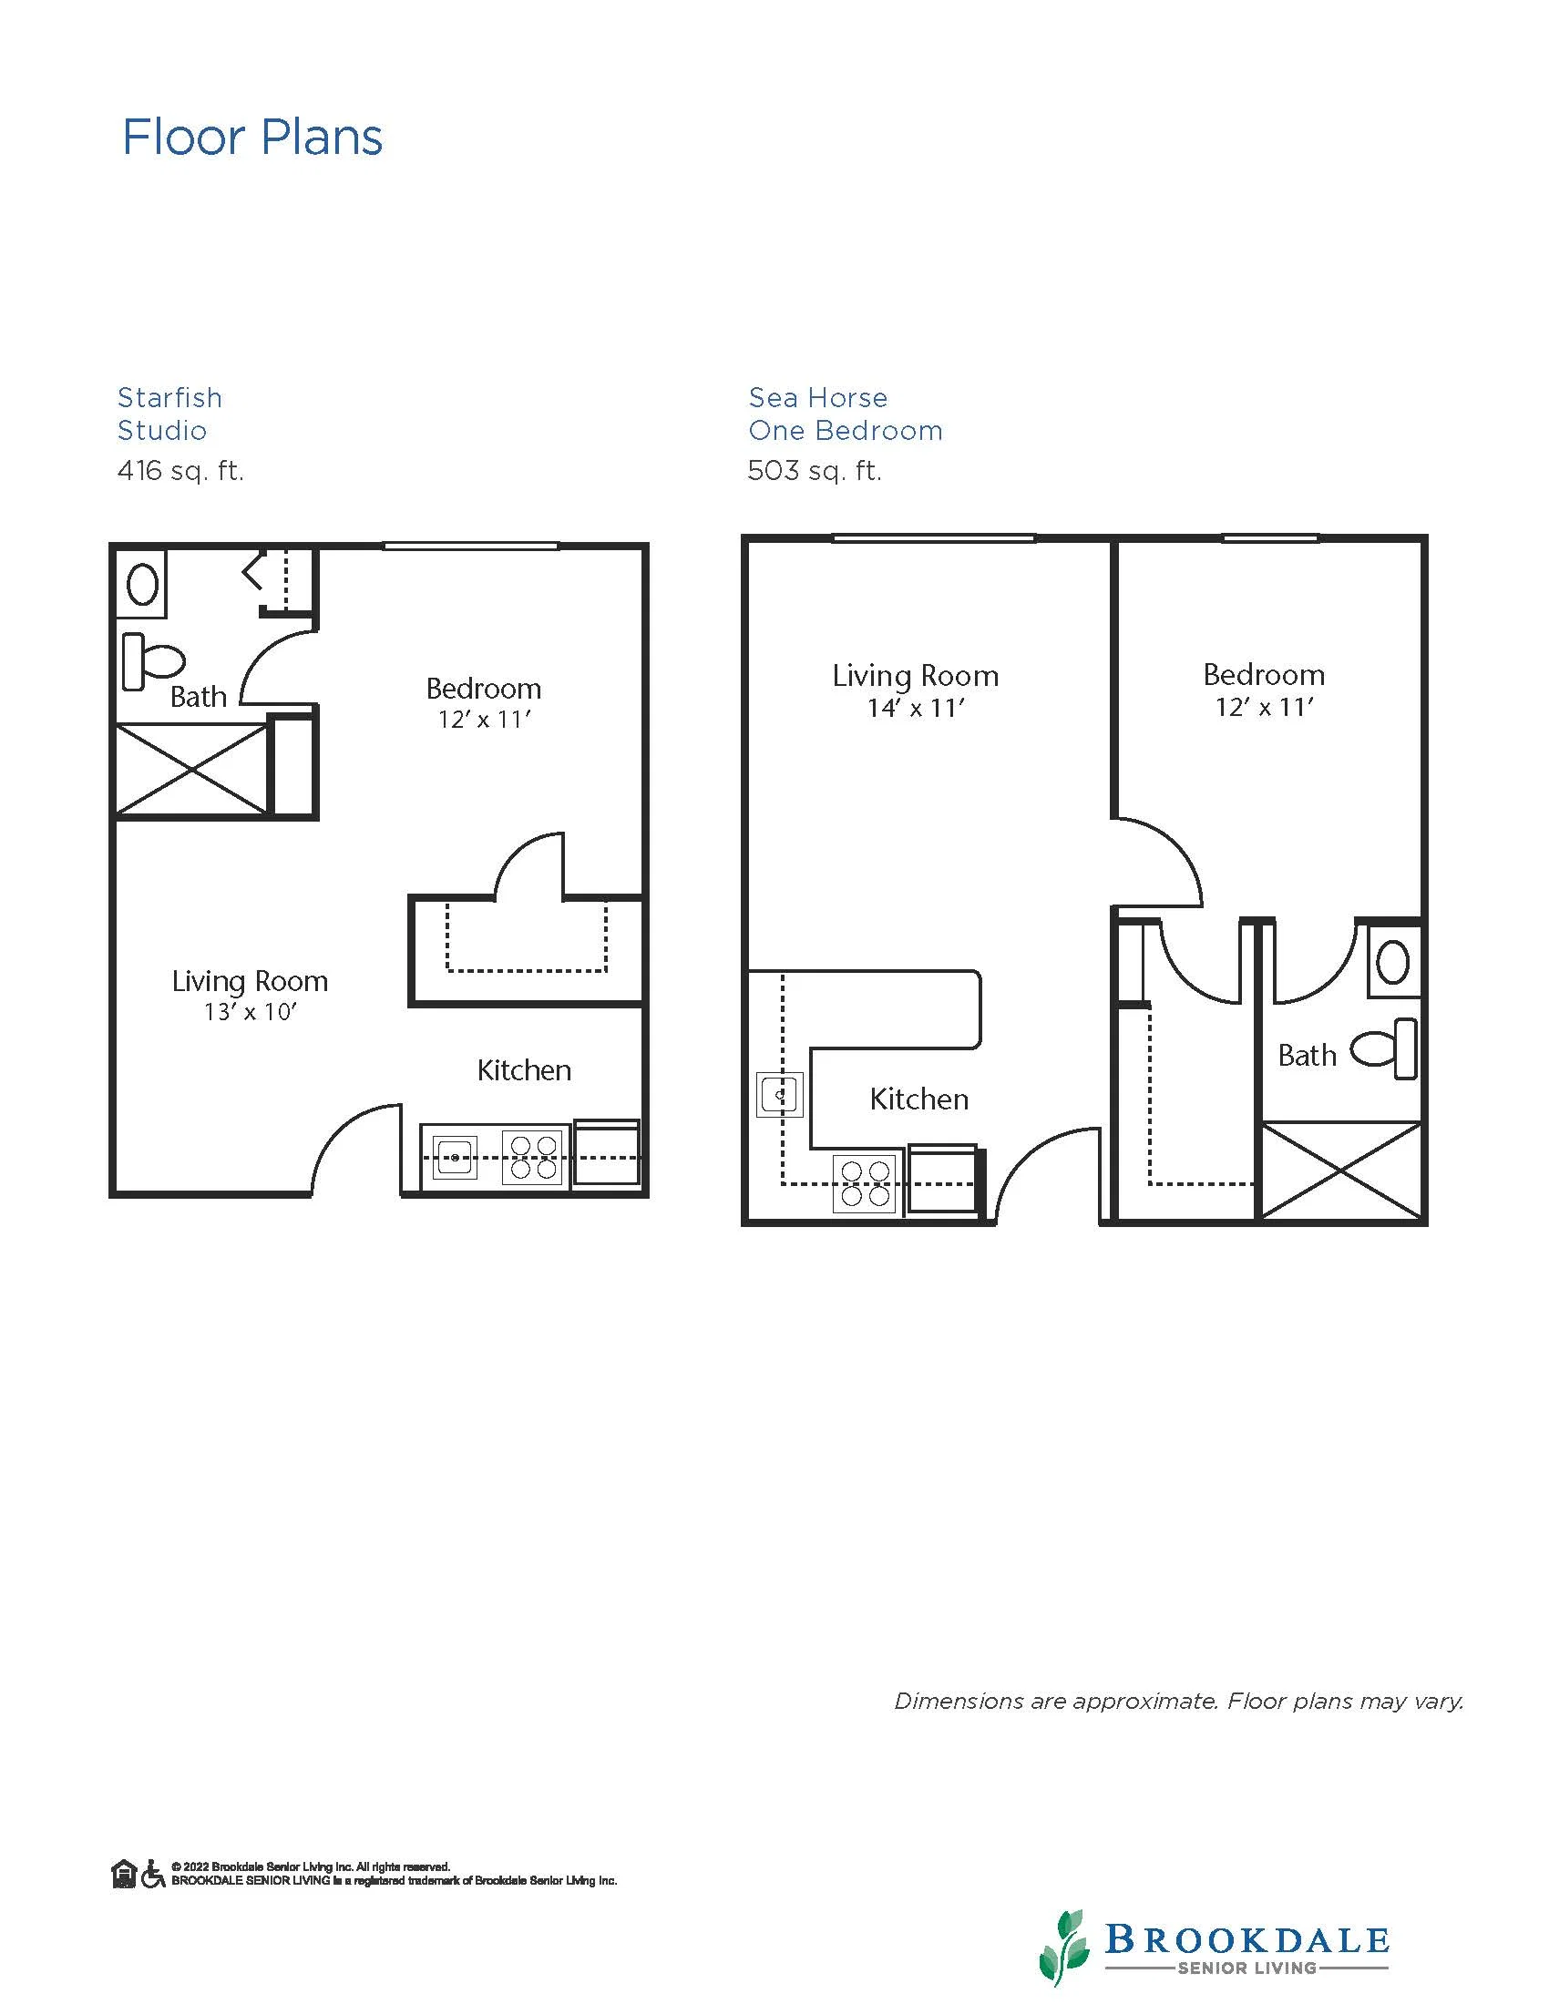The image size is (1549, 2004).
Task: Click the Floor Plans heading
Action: pyautogui.click(x=252, y=138)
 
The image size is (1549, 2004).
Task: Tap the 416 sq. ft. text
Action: pyautogui.click(x=180, y=471)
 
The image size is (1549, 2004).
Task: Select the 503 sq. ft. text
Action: pyautogui.click(x=815, y=471)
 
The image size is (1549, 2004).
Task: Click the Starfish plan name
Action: pyautogui.click(x=169, y=397)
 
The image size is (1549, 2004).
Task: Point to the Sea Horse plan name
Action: pyautogui.click(x=818, y=397)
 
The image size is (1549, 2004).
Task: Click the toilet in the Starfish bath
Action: pyautogui.click(x=153, y=660)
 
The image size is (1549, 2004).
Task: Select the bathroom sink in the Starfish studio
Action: pyautogui.click(x=142, y=584)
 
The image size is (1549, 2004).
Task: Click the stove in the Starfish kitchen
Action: pyautogui.click(x=533, y=1157)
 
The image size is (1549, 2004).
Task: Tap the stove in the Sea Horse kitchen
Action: pyautogui.click(x=865, y=1183)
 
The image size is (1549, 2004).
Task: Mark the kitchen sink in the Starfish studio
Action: pyautogui.click(x=455, y=1157)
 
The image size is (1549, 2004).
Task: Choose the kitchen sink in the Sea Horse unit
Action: pyautogui.click(x=780, y=1095)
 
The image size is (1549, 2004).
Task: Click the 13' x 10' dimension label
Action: pyautogui.click(x=251, y=1012)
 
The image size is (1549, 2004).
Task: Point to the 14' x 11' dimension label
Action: pyautogui.click(x=916, y=709)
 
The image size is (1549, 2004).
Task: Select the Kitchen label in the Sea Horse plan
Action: pyautogui.click(x=918, y=1099)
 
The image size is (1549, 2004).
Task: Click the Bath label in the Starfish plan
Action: pyautogui.click(x=199, y=698)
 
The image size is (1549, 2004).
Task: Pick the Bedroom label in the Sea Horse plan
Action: pyautogui.click(x=1264, y=675)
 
